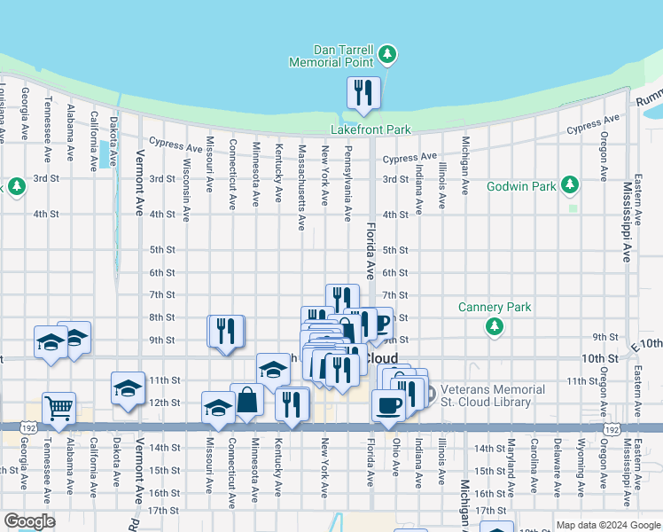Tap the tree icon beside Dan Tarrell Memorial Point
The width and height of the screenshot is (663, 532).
click(386, 56)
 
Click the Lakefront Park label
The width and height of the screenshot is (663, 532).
click(370, 129)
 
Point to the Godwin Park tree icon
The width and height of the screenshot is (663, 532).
click(572, 185)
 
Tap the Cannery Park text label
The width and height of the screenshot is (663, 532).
click(495, 308)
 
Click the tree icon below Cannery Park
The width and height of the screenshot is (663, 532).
click(495, 327)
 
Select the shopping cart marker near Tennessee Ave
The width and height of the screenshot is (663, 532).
click(58, 410)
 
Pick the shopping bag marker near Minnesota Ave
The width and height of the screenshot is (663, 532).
click(247, 402)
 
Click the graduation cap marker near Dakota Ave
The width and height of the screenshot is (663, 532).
click(128, 388)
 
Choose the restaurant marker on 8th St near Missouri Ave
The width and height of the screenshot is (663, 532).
click(225, 332)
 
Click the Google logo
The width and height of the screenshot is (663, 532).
click(29, 521)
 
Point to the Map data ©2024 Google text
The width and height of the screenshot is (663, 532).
click(608, 525)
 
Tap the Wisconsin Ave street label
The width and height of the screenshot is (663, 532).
click(186, 191)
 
